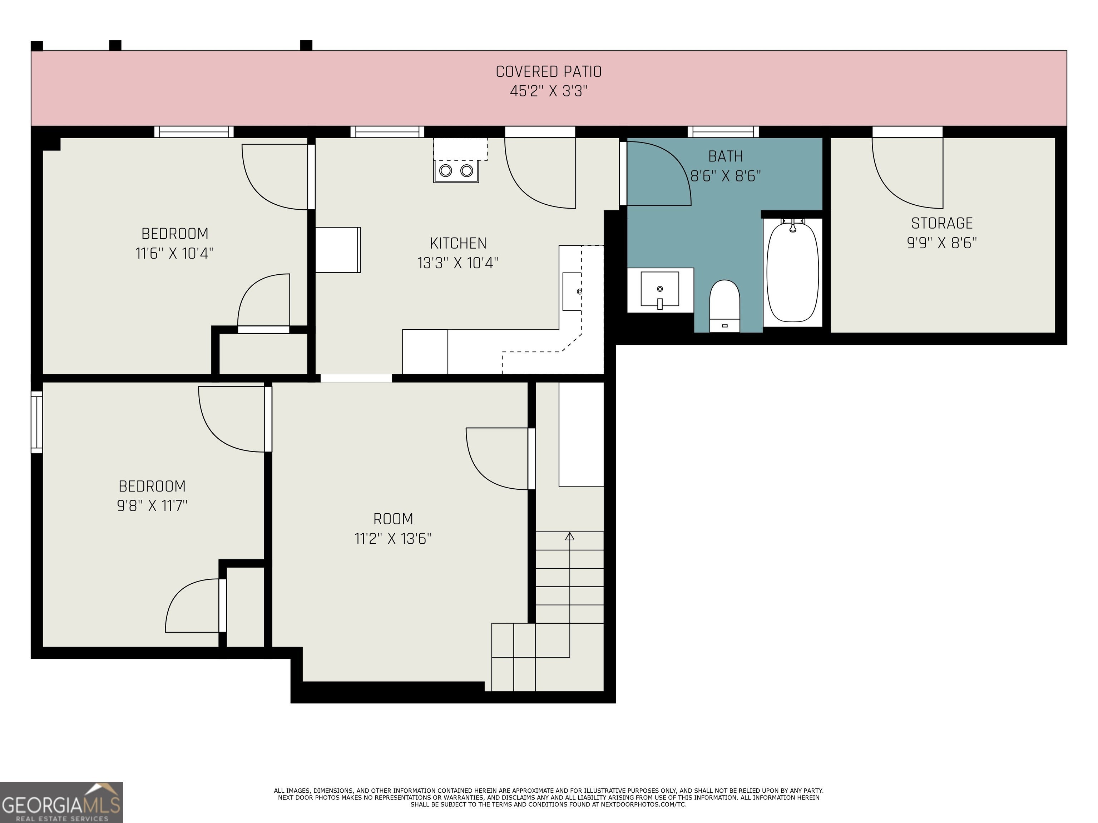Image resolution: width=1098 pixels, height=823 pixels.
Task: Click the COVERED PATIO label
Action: (549, 71)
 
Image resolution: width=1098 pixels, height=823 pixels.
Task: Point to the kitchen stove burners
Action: (456, 171)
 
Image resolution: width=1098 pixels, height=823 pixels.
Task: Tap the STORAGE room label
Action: (942, 223)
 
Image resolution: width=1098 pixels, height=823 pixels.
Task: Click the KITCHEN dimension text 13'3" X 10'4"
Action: (457, 263)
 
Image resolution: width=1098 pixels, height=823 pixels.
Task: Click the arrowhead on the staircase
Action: (570, 536)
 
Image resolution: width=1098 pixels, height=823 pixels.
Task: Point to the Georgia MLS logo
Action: (61, 802)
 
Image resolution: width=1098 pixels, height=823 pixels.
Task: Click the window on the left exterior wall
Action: (37, 422)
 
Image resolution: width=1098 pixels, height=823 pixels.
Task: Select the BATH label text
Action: (726, 156)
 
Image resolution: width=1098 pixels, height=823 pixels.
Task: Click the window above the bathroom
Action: (723, 131)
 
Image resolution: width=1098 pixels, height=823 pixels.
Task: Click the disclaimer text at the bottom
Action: (549, 797)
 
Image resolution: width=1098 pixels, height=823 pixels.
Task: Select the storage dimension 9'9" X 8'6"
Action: (942, 243)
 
